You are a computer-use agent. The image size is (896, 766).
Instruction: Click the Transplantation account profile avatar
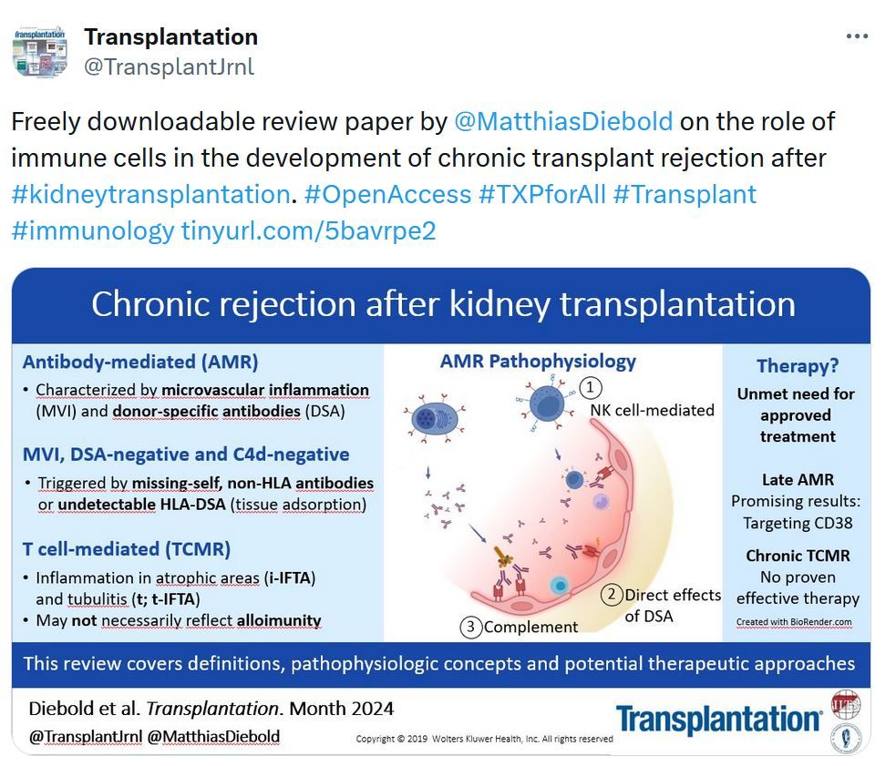click(40, 51)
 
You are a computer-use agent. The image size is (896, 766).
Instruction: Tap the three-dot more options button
click(857, 36)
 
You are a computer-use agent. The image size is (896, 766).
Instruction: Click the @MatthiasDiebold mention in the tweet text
click(563, 122)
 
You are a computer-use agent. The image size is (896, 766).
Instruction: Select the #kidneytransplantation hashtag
click(151, 194)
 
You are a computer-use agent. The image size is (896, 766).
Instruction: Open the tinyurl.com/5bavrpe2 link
click(309, 230)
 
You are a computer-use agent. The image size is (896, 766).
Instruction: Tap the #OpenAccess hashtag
click(388, 194)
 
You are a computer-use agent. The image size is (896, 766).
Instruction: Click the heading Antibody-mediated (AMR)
click(140, 362)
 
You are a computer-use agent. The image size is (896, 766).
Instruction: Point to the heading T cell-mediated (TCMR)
click(127, 549)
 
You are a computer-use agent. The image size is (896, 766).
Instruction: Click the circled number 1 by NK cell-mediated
click(591, 388)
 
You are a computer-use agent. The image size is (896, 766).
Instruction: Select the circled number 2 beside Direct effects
click(612, 595)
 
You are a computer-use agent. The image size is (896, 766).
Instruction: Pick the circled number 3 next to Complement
click(471, 628)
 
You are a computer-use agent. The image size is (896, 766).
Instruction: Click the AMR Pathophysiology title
click(538, 361)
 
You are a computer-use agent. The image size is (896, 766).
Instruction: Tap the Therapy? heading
click(798, 365)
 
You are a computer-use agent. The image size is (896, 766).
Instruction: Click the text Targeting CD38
click(798, 523)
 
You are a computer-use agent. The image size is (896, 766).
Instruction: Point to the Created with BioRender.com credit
click(794, 622)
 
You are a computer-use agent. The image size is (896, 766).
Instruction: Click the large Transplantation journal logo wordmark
click(719, 719)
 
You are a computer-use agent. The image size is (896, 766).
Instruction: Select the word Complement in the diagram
click(530, 628)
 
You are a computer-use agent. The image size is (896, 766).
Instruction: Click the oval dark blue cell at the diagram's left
click(434, 420)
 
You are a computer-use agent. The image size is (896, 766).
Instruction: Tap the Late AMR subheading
click(798, 479)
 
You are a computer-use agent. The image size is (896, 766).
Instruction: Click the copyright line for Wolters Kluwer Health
click(485, 739)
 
